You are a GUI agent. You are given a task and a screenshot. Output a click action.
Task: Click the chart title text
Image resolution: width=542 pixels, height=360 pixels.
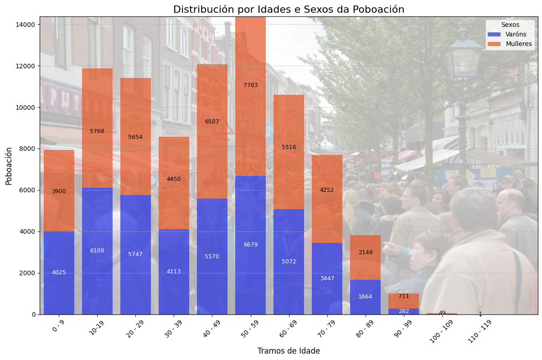pyautogui.click(x=289, y=10)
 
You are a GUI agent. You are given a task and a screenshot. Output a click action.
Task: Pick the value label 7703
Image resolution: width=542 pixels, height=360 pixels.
pyautogui.click(x=251, y=85)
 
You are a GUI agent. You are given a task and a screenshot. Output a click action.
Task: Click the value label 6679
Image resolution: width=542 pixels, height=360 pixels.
pyautogui.click(x=251, y=245)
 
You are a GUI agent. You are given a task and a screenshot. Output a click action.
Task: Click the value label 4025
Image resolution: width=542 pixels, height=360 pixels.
pyautogui.click(x=59, y=273)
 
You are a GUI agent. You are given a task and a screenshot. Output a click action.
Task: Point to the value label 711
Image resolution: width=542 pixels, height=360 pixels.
pyautogui.click(x=403, y=296)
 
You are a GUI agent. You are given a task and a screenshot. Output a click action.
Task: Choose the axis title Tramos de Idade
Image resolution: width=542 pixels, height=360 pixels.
pyautogui.click(x=289, y=351)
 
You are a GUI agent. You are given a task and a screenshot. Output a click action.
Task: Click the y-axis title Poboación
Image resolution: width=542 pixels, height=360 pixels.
pyautogui.click(x=9, y=165)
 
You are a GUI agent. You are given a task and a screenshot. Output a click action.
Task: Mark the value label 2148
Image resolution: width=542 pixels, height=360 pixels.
pyautogui.click(x=365, y=252)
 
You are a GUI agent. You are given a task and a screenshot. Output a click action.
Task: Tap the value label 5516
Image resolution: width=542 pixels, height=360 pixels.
pyautogui.click(x=289, y=147)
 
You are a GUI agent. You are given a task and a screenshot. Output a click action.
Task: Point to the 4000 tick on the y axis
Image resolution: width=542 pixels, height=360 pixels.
pyautogui.click(x=28, y=231)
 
